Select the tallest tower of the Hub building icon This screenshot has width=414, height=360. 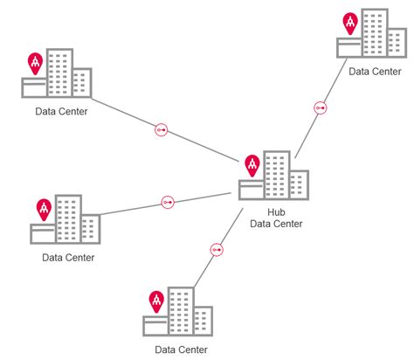277,173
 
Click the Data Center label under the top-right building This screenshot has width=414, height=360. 376,72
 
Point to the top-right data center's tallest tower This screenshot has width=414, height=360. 375,32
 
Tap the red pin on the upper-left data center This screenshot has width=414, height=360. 36,62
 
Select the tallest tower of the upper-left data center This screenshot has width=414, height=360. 59,73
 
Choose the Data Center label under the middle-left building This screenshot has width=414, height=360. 68,257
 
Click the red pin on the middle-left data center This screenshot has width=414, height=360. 44,209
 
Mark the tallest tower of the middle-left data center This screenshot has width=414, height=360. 68,218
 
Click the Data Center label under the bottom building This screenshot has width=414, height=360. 181,350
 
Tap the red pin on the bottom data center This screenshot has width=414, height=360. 156,301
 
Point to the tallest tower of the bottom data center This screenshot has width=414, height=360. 181,311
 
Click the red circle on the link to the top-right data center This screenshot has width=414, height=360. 321,108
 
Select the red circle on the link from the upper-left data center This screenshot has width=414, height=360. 161,130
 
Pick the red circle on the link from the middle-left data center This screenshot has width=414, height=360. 168,203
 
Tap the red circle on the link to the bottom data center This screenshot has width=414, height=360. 216,250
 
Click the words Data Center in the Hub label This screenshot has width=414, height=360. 276,224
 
